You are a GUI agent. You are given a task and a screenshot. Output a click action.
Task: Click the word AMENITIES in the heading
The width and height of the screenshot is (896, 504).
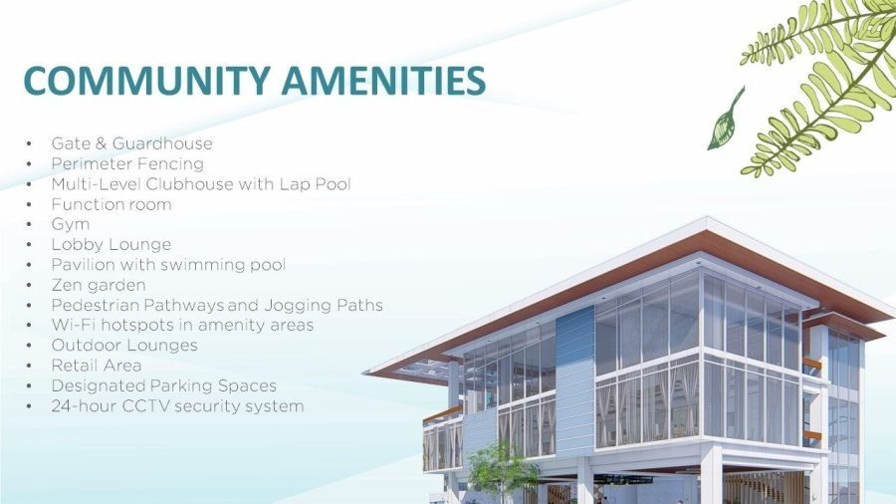click(x=383, y=80)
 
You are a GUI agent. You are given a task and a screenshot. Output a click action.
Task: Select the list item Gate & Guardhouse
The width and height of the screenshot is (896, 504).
click(x=132, y=143)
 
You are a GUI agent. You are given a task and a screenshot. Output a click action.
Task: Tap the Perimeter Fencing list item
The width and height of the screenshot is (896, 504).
click(x=127, y=164)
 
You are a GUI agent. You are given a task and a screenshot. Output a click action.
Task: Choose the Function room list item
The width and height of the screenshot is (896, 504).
click(x=112, y=204)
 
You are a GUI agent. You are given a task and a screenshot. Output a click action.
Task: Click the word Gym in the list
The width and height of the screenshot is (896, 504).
click(x=71, y=224)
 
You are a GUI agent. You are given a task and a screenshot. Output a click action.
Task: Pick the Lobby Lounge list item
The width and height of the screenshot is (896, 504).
click(x=112, y=245)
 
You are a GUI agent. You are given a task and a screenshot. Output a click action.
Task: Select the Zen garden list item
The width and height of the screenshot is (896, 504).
click(x=99, y=285)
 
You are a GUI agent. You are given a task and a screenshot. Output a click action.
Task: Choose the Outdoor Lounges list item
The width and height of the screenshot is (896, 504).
click(x=124, y=346)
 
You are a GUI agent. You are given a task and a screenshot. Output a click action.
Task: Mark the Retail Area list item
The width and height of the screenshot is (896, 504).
click(x=97, y=366)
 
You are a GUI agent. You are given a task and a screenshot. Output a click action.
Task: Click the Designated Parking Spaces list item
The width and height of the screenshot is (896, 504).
click(x=164, y=385)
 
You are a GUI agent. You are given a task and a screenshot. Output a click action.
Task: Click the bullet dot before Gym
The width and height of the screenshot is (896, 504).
click(x=29, y=224)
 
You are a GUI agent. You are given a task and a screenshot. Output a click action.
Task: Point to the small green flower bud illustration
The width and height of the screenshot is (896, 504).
click(x=725, y=119)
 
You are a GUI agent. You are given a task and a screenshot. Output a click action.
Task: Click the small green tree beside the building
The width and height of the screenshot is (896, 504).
click(x=502, y=471)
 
